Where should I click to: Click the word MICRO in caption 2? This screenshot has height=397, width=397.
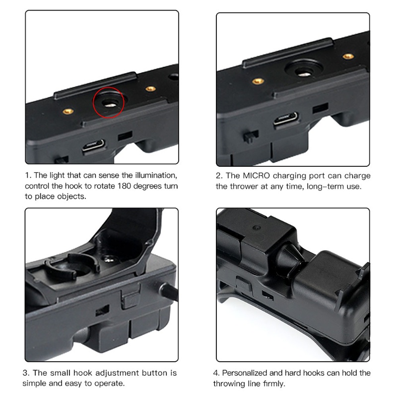(x=258, y=176)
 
